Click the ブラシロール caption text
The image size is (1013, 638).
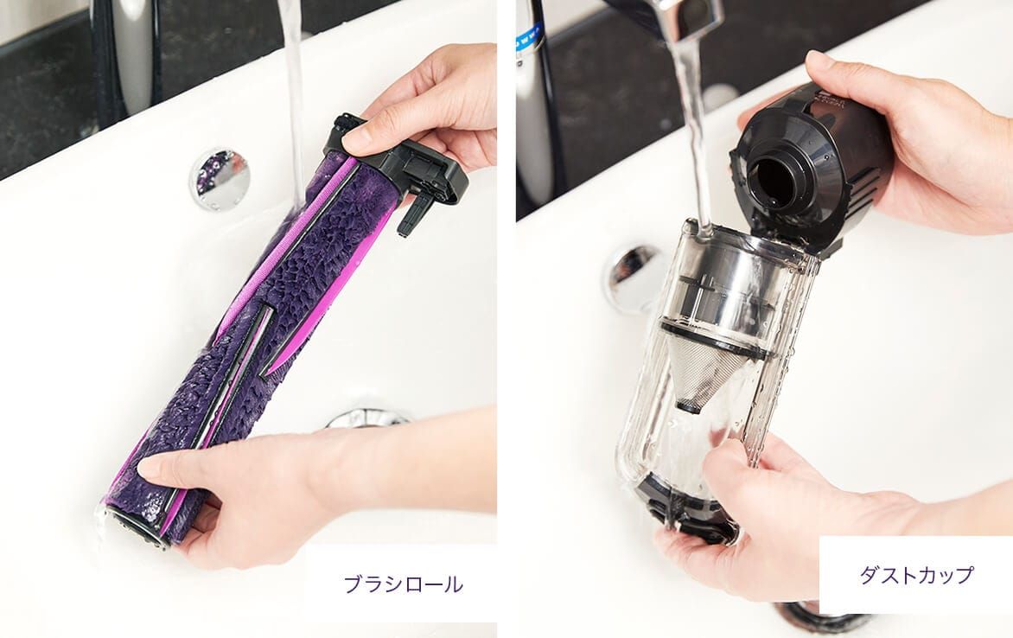pyautogui.click(x=403, y=584)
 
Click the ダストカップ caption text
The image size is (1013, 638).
pyautogui.click(x=916, y=575)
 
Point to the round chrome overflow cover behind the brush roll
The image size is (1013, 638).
pyautogui.click(x=219, y=178)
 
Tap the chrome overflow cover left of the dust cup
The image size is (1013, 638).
pyautogui.click(x=632, y=278)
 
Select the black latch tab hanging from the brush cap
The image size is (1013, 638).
pyautogui.click(x=413, y=214)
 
